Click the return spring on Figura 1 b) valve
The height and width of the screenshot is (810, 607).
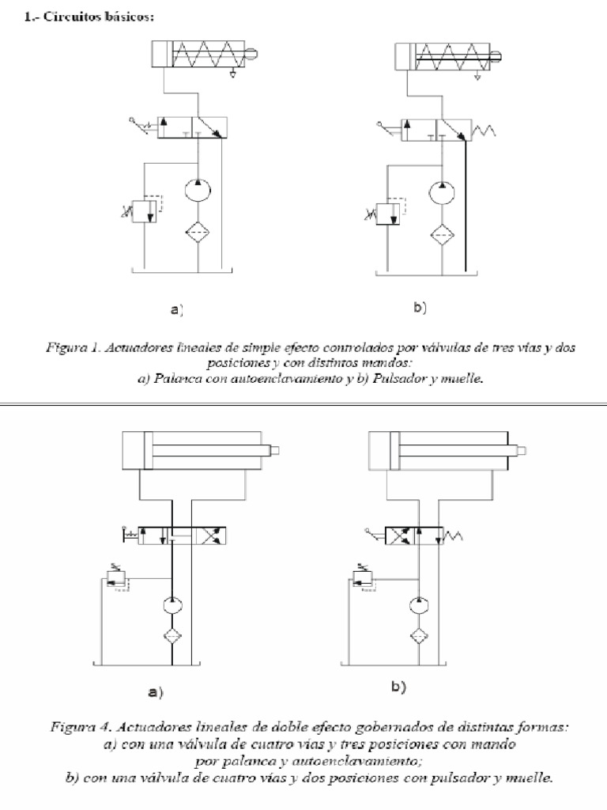[x=481, y=127]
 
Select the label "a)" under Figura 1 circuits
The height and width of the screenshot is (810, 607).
[x=177, y=311]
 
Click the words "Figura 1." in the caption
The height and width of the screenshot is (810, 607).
[x=68, y=345]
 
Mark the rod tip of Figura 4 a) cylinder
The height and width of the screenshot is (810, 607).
[x=276, y=451]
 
